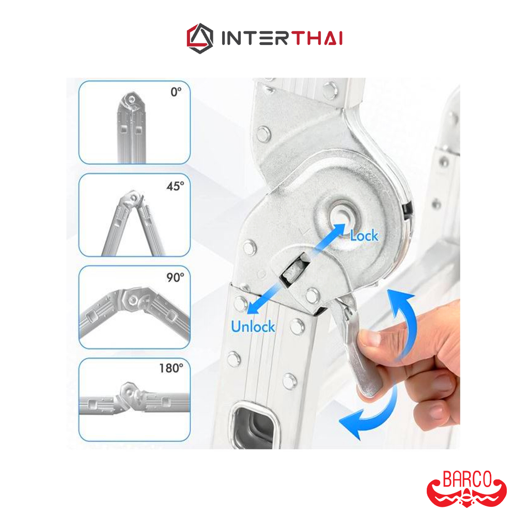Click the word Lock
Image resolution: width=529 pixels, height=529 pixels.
point(364,236)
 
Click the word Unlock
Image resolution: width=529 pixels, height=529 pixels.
point(253,326)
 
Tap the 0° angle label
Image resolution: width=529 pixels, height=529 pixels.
point(176,92)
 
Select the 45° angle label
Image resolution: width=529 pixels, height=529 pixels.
point(175,186)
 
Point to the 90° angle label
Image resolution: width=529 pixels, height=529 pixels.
point(175,277)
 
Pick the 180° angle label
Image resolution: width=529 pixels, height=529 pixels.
point(171,368)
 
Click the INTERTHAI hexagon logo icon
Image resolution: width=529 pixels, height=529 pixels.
point(200,38)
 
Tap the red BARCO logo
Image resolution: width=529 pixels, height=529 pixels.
point(466,489)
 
